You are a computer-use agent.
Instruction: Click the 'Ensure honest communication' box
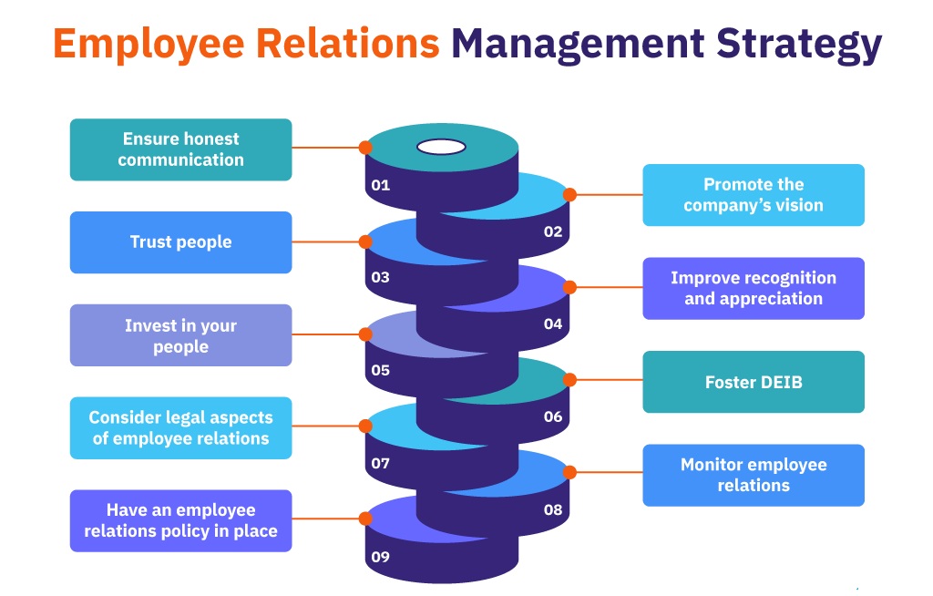pos(180,149)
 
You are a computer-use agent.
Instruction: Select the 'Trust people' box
pos(180,242)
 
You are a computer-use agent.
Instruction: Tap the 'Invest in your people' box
pos(180,335)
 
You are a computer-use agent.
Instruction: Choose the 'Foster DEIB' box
pos(754,382)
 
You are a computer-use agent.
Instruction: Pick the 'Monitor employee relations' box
pos(754,475)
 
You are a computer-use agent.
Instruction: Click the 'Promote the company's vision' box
pos(754,195)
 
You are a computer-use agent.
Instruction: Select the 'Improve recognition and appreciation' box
pos(754,288)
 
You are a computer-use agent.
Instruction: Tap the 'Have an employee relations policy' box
pos(180,520)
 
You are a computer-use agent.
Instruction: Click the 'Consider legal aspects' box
pos(180,427)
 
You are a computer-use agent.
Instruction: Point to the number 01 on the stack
pos(381,185)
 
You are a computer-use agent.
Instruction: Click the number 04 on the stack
pos(553,324)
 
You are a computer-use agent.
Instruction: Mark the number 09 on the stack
pos(381,556)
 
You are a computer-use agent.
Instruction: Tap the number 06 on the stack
pos(553,416)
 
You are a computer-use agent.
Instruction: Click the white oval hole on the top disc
pos(441,146)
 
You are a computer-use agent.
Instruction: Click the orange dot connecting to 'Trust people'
pos(365,241)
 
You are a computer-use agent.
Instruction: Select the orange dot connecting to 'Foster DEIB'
pos(570,380)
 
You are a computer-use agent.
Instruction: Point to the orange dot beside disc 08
pos(570,472)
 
